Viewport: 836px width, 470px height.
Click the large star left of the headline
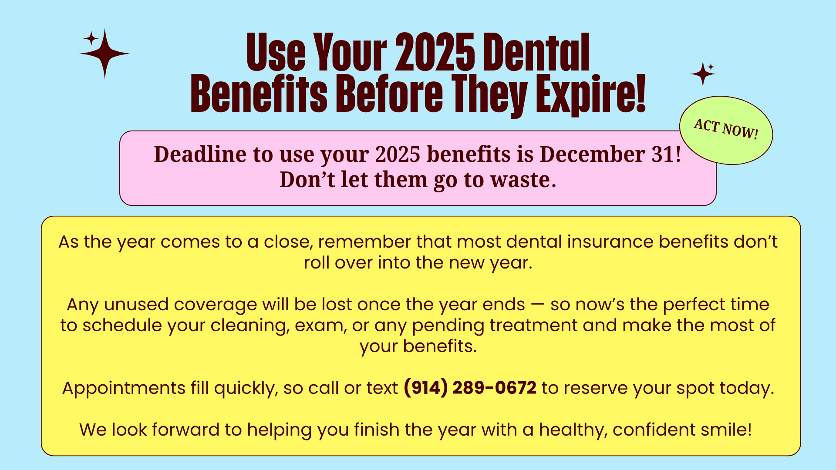click(x=104, y=54)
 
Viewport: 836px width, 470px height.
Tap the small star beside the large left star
click(x=91, y=39)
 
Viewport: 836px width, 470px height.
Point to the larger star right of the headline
click(x=702, y=74)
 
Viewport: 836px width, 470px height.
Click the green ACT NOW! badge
click(x=726, y=130)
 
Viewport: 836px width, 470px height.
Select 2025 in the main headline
click(x=435, y=52)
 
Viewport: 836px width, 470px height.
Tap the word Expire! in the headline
click(x=590, y=94)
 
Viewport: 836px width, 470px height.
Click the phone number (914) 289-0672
click(x=470, y=388)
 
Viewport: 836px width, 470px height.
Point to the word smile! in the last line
click(x=726, y=430)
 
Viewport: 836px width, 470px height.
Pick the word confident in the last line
click(x=654, y=430)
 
